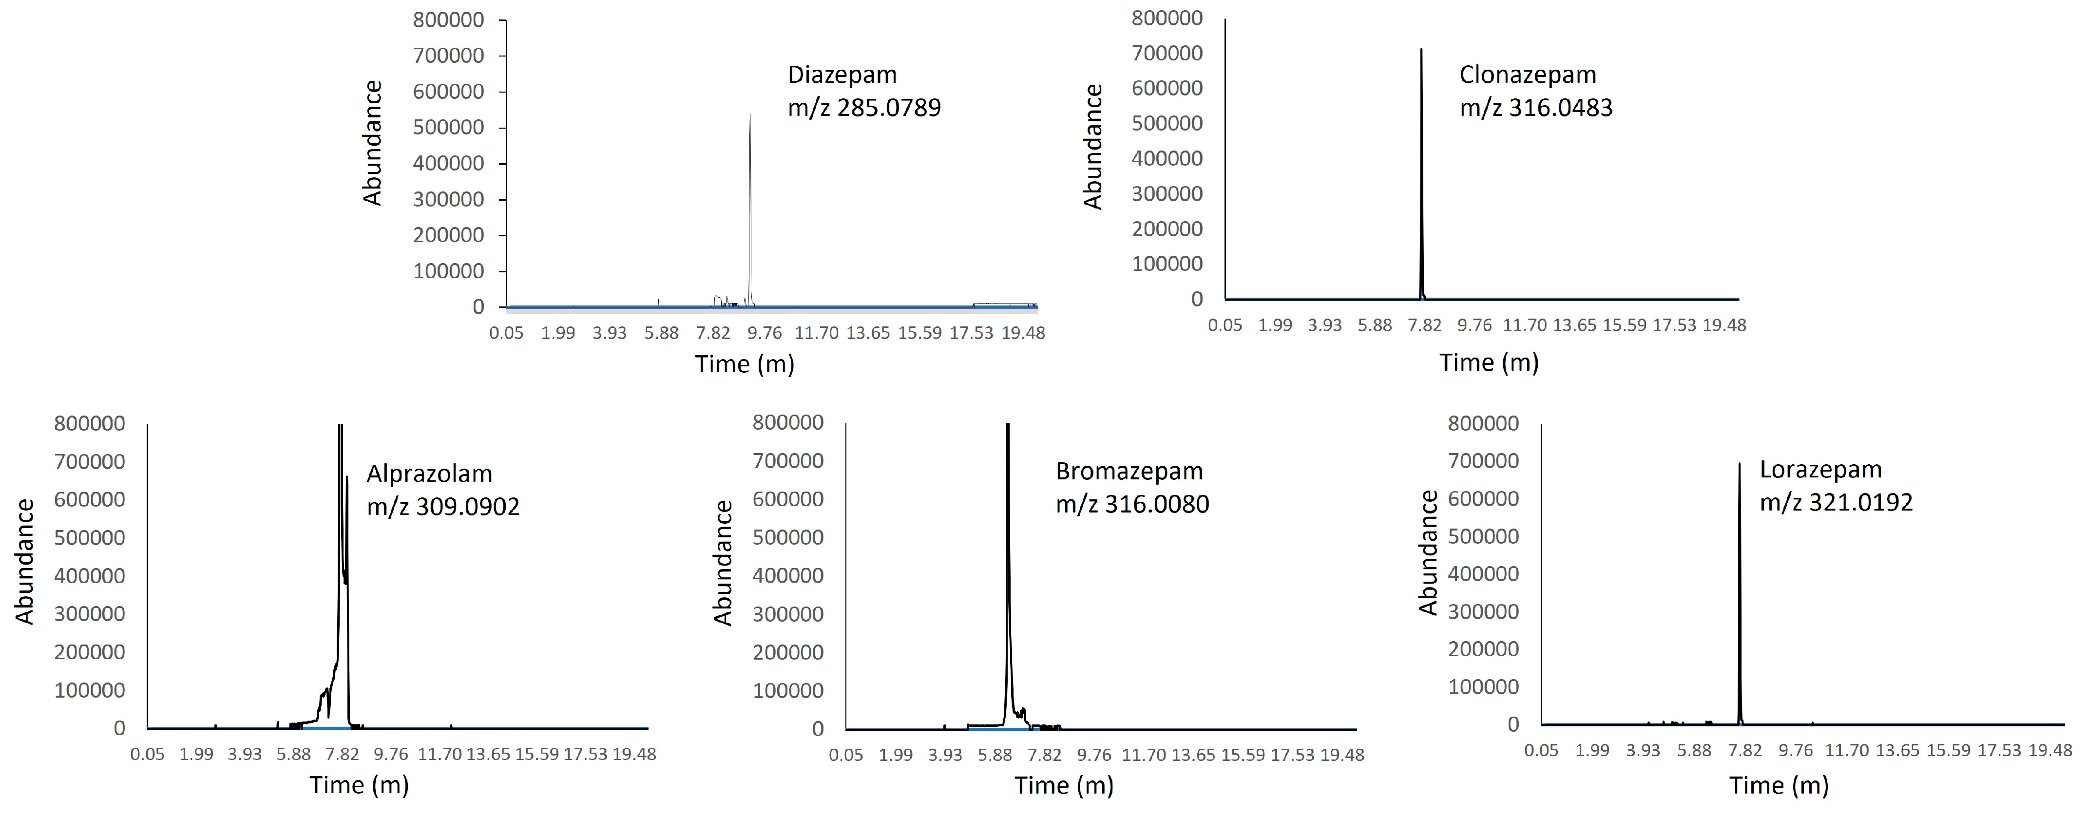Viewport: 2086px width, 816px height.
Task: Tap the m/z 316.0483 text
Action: pyautogui.click(x=1536, y=108)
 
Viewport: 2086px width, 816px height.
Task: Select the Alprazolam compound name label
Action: pyautogui.click(x=429, y=474)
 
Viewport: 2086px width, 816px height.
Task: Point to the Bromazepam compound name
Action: pyautogui.click(x=1129, y=471)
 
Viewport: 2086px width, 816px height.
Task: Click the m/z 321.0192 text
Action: pyautogui.click(x=1836, y=503)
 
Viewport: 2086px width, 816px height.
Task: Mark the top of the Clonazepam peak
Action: pyautogui.click(x=1421, y=49)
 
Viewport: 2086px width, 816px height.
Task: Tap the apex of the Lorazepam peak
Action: pyautogui.click(x=1740, y=464)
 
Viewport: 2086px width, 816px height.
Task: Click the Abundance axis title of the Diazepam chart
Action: pyautogui.click(x=372, y=143)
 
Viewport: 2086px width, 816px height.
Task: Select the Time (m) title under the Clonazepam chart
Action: pyautogui.click(x=1489, y=362)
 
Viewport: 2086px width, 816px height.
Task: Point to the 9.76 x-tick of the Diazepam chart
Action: pyautogui.click(x=765, y=333)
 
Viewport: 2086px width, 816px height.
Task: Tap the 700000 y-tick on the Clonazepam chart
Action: pyautogui.click(x=1167, y=54)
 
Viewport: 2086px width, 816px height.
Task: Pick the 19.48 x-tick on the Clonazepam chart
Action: pyautogui.click(x=1724, y=325)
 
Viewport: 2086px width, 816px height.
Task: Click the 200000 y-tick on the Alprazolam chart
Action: pyautogui.click(x=90, y=652)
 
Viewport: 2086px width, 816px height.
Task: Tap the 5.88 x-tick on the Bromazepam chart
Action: pyautogui.click(x=995, y=755)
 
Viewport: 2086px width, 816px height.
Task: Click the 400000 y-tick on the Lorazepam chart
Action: pyautogui.click(x=1484, y=574)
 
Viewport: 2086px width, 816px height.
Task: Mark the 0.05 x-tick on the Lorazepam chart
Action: pyautogui.click(x=1541, y=750)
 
